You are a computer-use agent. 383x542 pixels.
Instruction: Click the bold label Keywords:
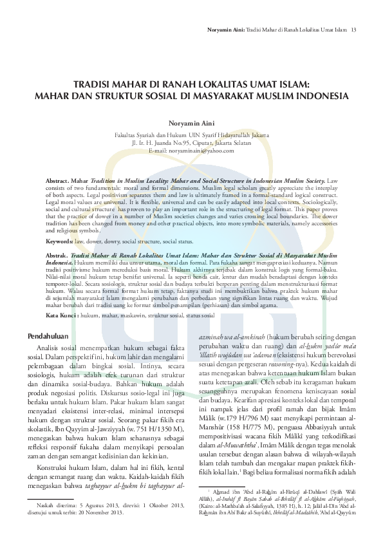pyautogui.click(x=59, y=241)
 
